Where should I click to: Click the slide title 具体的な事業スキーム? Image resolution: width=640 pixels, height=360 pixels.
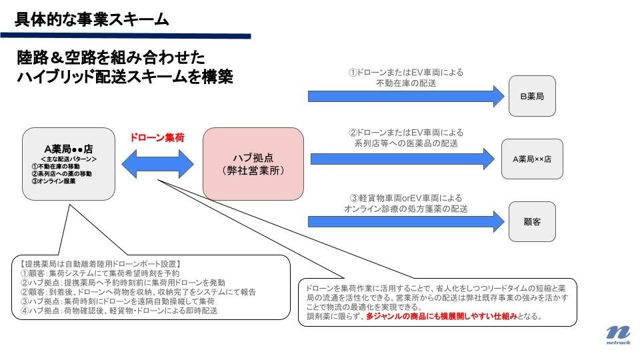click(92, 19)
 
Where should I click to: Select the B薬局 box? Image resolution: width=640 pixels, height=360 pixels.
click(531, 97)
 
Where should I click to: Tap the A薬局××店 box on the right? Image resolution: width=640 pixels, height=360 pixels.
click(532, 159)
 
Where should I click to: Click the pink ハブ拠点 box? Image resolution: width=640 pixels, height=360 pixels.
click(253, 163)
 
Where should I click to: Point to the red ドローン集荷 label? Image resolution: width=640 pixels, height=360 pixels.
click(157, 137)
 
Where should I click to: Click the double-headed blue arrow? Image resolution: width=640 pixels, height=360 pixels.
click(157, 163)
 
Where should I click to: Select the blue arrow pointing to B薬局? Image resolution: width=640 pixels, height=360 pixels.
click(406, 96)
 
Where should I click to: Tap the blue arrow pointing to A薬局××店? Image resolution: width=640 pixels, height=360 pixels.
click(407, 158)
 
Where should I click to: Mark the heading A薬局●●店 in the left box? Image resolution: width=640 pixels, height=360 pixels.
click(67, 148)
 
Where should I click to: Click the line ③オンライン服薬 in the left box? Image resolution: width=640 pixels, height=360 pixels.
click(53, 181)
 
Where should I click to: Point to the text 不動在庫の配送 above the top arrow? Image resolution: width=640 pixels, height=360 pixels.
click(406, 83)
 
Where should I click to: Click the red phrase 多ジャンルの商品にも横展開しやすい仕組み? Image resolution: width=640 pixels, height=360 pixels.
click(443, 316)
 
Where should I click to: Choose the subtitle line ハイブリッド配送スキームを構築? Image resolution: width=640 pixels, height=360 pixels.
click(125, 77)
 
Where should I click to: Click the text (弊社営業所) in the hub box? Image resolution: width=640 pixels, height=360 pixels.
click(253, 171)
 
